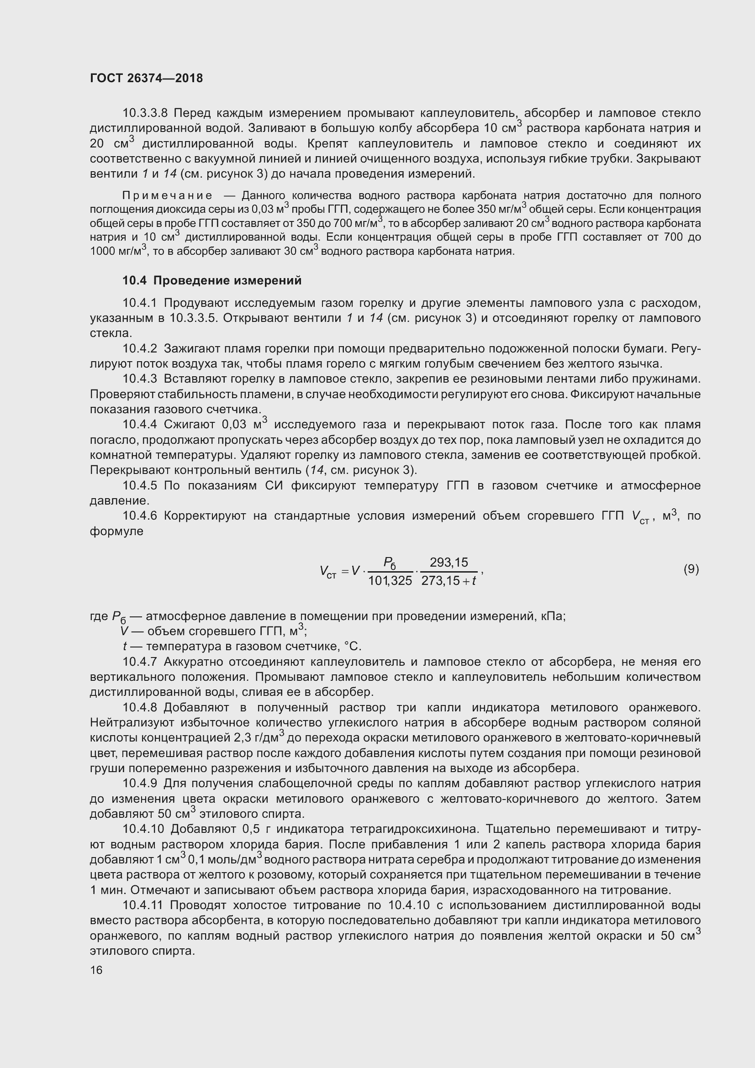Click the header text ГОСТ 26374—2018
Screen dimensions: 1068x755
pyautogui.click(x=146, y=78)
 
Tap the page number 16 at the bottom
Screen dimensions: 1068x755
pyautogui.click(x=96, y=970)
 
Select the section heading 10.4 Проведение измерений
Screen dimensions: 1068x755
pyautogui.click(x=211, y=280)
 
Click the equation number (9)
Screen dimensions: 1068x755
pyautogui.click(x=691, y=569)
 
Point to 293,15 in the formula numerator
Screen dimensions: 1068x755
pyautogui.click(x=449, y=563)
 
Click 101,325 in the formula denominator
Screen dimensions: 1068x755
pyautogui.click(x=390, y=580)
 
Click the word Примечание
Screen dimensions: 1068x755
pyautogui.click(x=167, y=195)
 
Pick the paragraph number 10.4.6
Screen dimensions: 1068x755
pyautogui.click(x=140, y=516)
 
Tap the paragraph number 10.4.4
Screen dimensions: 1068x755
pyautogui.click(x=140, y=425)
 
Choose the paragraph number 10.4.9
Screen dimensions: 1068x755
pyautogui.click(x=140, y=784)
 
